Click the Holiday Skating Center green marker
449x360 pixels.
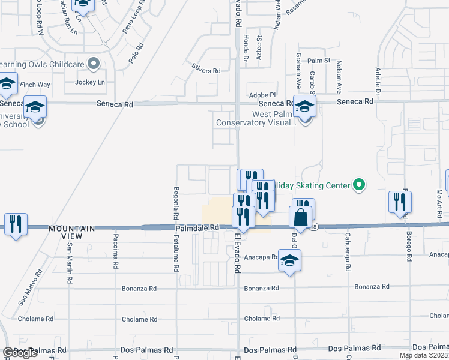(359, 185)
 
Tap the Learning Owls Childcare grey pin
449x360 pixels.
(93, 63)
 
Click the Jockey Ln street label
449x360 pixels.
(90, 82)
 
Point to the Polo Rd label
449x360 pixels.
(137, 53)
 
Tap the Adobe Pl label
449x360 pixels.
(262, 95)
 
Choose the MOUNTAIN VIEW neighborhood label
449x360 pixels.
(72, 229)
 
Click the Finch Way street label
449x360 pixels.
(35, 85)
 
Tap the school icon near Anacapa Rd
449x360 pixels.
(289, 260)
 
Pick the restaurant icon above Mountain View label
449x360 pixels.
(16, 224)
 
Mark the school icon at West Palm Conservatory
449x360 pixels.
(304, 107)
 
